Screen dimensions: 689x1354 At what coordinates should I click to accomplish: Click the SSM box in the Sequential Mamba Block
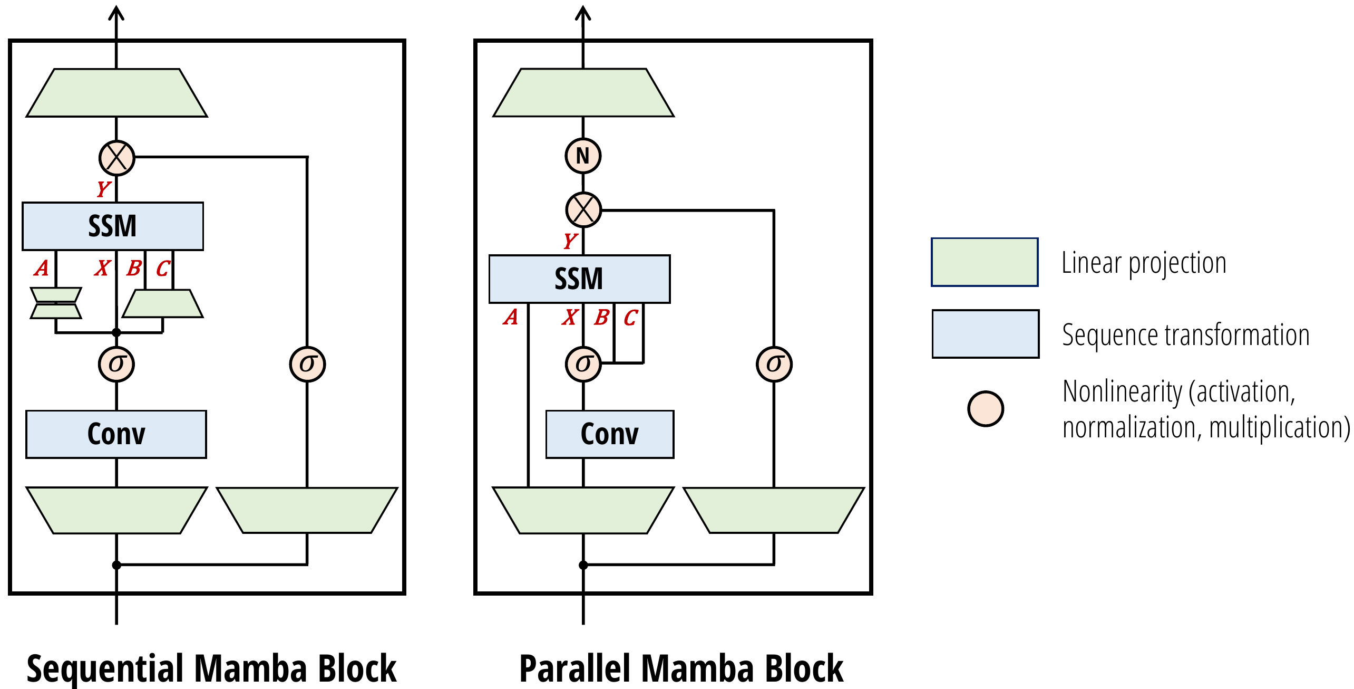pyautogui.click(x=112, y=226)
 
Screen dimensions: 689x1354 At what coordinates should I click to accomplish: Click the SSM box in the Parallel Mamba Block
pyautogui.click(x=579, y=279)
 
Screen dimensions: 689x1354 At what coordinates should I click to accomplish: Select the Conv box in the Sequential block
pyautogui.click(x=116, y=434)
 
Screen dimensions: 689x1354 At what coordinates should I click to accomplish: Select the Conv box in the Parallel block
pyautogui.click(x=609, y=434)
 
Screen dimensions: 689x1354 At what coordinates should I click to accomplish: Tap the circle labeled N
pyautogui.click(x=583, y=156)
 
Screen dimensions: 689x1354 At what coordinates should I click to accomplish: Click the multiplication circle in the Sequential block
pyautogui.click(x=116, y=158)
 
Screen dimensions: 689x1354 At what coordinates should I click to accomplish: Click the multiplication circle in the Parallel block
pyautogui.click(x=583, y=210)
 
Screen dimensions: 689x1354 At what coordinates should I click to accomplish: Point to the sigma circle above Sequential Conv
pyautogui.click(x=116, y=364)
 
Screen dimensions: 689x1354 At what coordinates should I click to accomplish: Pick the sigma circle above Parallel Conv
pyautogui.click(x=583, y=364)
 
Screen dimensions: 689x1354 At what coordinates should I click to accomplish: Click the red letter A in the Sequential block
pyautogui.click(x=42, y=269)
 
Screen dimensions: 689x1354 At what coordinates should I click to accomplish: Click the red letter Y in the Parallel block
pyautogui.click(x=570, y=241)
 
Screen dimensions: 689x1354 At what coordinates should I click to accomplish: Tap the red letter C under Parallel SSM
pyautogui.click(x=630, y=318)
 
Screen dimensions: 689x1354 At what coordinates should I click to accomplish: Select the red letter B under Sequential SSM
pyautogui.click(x=134, y=269)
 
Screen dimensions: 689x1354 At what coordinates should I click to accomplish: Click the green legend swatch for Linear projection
pyautogui.click(x=985, y=262)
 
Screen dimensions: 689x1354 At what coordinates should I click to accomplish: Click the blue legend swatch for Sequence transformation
pyautogui.click(x=985, y=334)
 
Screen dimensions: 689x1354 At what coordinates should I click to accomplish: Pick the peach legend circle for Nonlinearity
pyautogui.click(x=985, y=409)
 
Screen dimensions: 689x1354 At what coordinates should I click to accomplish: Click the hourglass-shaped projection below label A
pyautogui.click(x=56, y=303)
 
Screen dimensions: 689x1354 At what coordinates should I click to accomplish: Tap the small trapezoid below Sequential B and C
pyautogui.click(x=162, y=303)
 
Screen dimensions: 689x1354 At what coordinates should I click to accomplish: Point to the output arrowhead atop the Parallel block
pyautogui.click(x=583, y=13)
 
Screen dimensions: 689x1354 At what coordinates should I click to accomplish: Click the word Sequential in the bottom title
pyautogui.click(x=105, y=669)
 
